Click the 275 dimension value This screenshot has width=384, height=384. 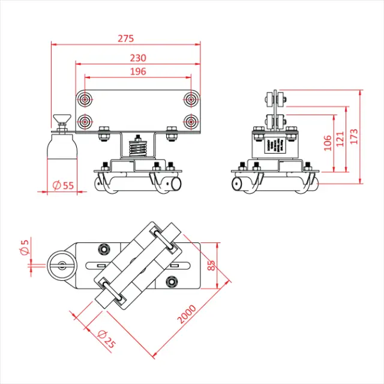pyautogui.click(x=125, y=38)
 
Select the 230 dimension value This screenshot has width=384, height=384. pyautogui.click(x=138, y=58)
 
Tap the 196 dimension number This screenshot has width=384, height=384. pyautogui.click(x=138, y=71)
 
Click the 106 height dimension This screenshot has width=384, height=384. pyautogui.click(x=327, y=143)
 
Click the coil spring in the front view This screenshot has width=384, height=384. pyautogui.click(x=139, y=146)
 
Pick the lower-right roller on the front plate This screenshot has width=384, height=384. pyautogui.click(x=191, y=122)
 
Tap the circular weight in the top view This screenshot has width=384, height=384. pyautogui.click(x=61, y=265)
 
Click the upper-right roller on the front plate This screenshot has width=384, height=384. pyautogui.click(x=191, y=98)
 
